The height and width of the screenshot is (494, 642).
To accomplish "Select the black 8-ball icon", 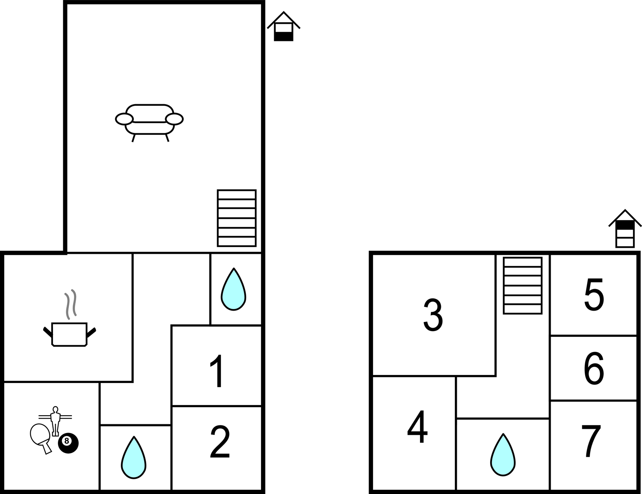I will click(68, 442).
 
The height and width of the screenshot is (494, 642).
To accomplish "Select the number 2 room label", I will click(220, 442).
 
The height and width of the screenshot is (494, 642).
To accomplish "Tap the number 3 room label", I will click(433, 315).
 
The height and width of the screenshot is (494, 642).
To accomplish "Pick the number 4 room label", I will click(417, 427).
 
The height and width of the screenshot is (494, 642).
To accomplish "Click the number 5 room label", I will click(594, 295).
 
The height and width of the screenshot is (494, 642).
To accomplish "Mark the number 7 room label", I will click(591, 441).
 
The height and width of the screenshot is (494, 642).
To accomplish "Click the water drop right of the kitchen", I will click(234, 290).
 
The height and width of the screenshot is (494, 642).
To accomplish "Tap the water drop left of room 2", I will click(134, 458).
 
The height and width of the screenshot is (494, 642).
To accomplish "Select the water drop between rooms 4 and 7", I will click(503, 455).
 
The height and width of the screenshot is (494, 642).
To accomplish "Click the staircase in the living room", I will click(237, 218).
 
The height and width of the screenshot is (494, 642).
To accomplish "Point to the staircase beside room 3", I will click(523, 286).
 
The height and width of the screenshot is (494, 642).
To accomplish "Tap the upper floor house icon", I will click(625, 229).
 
